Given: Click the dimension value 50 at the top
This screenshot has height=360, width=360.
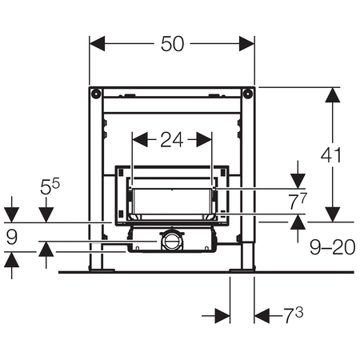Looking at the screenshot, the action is (x=172, y=44).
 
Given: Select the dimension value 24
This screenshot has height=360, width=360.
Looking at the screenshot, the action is (x=172, y=139).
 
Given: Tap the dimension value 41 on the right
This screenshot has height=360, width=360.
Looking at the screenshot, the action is (x=331, y=155).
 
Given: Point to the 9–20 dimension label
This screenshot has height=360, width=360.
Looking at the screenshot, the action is (x=333, y=247).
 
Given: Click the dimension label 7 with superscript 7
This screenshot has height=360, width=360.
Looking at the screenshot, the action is (x=298, y=201).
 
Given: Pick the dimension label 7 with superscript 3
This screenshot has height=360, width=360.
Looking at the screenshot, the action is (x=293, y=315).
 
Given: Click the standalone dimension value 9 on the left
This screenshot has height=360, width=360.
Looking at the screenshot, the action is (x=12, y=237).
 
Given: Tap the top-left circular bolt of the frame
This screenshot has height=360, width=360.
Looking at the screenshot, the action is (x=96, y=94).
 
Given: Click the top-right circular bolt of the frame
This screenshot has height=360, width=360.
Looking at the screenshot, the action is (x=248, y=94).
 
